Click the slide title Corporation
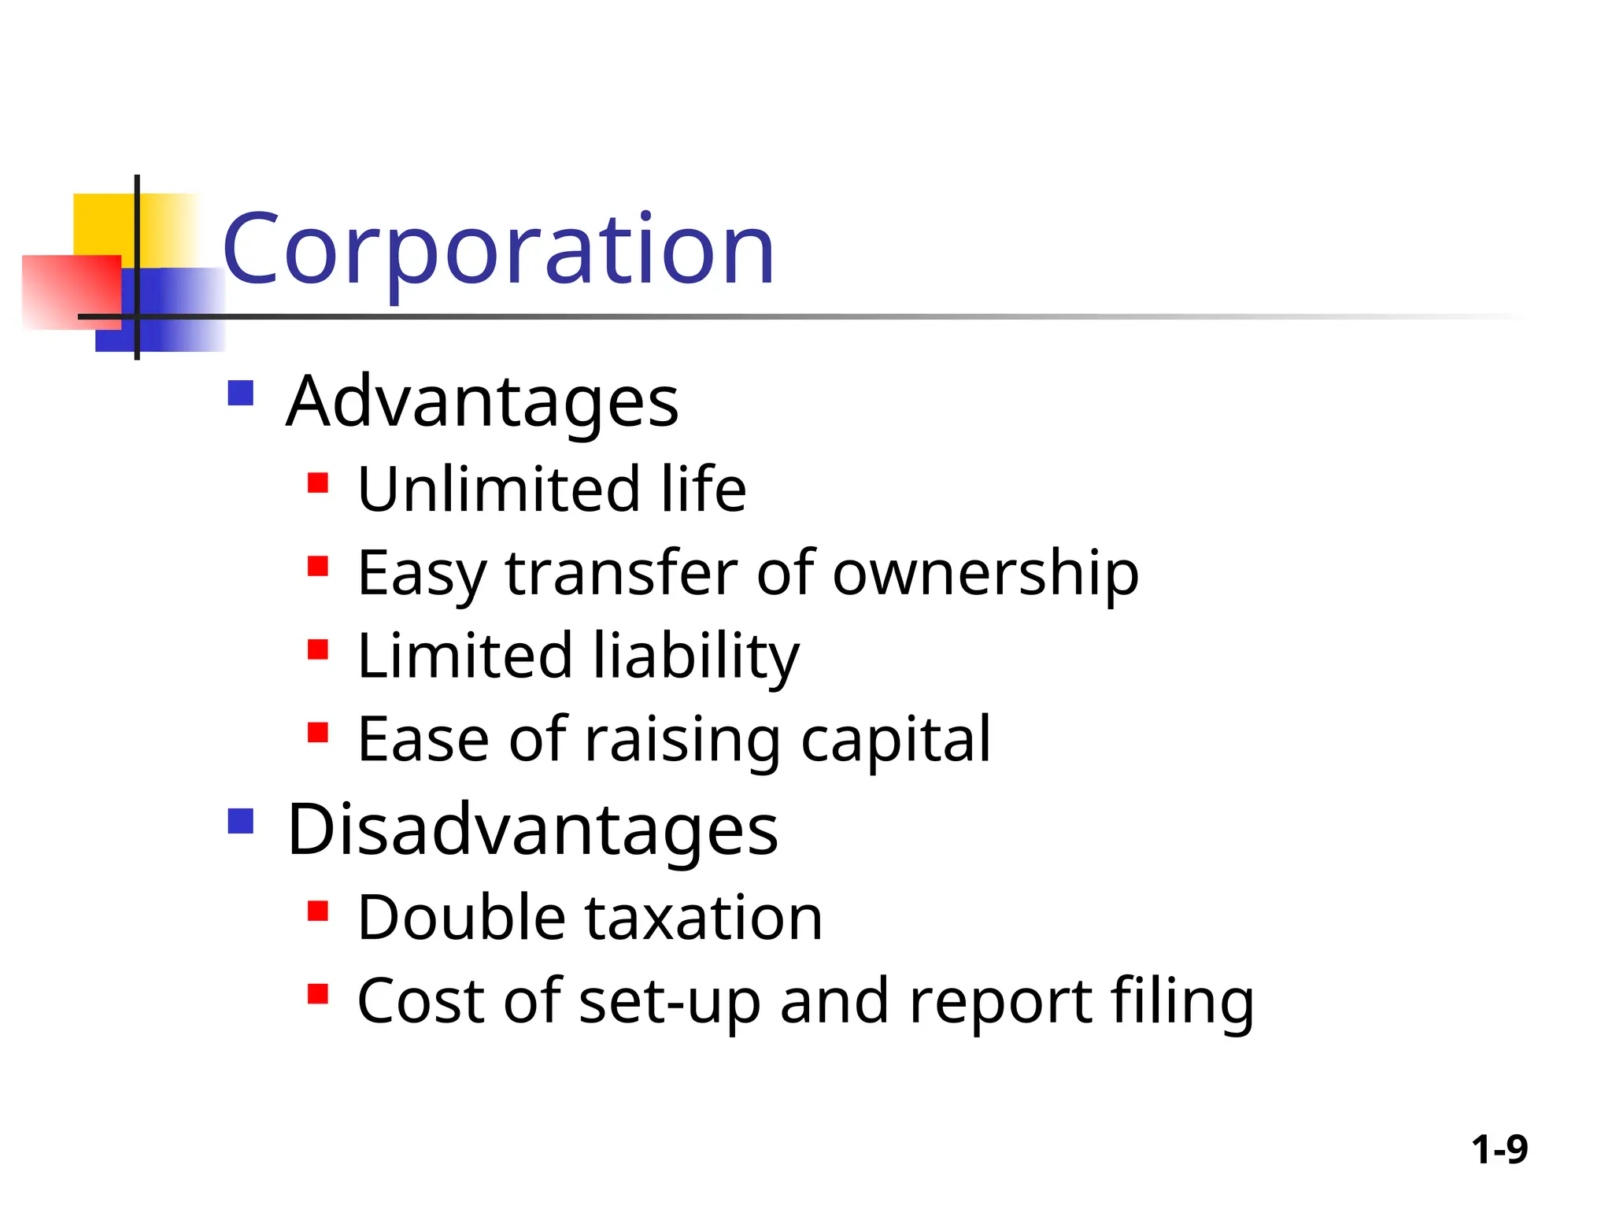[498, 250]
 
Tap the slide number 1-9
[1499, 1150]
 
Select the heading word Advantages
[482, 402]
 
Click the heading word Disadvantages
[532, 830]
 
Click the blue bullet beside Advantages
[240, 393]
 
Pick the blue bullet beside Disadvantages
[240, 821]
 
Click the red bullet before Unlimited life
[318, 482]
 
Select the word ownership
[985, 573]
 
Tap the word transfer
[621, 573]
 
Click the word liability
[696, 656]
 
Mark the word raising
[682, 740]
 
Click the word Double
[461, 918]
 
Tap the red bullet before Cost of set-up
[318, 994]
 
